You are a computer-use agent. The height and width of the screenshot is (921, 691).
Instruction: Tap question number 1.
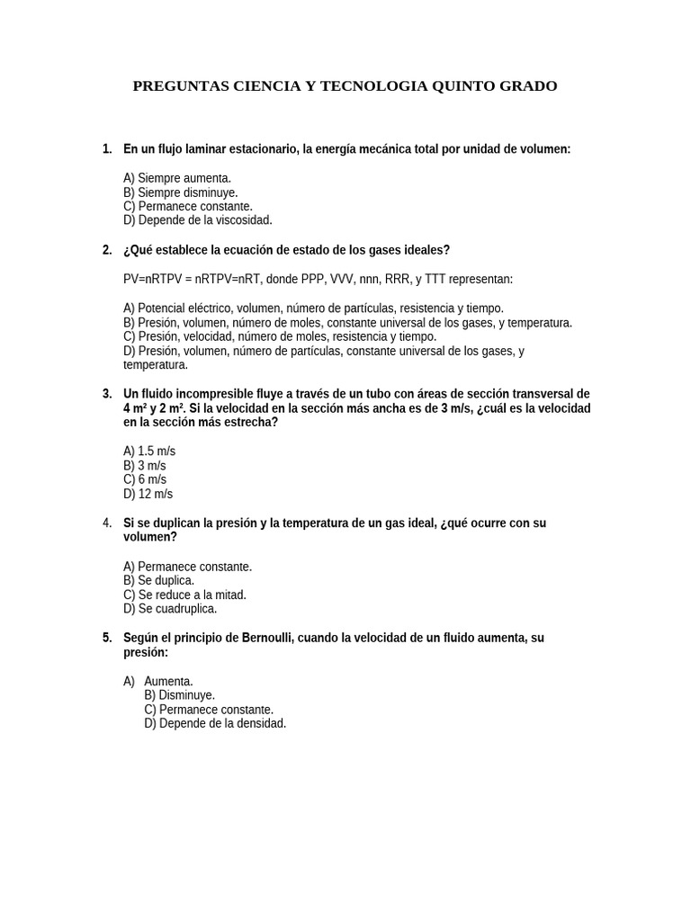[107, 148]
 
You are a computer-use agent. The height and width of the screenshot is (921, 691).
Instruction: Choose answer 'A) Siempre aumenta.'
[177, 178]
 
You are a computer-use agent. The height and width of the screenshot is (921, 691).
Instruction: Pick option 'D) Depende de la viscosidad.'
[197, 219]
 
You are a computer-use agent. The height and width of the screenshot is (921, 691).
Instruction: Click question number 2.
[107, 250]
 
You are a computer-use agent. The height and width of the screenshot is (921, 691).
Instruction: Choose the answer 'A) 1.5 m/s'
[149, 451]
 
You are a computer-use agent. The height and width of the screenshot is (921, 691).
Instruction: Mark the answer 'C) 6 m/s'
[145, 479]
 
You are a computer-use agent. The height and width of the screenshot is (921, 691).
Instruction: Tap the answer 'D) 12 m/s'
[148, 494]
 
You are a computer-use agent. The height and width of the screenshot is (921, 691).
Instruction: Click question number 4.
[107, 523]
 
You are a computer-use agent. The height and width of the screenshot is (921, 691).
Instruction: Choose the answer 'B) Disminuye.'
[179, 695]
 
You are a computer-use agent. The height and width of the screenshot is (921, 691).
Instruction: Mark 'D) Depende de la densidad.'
[215, 723]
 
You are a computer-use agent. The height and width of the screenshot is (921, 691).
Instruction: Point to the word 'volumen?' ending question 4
[150, 537]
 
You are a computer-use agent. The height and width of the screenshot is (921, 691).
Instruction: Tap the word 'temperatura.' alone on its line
[156, 365]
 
